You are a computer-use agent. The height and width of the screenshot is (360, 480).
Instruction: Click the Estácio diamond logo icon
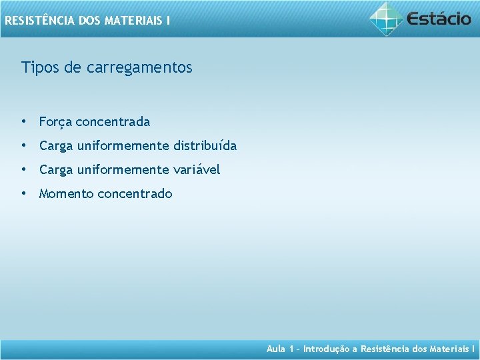(x=386, y=18)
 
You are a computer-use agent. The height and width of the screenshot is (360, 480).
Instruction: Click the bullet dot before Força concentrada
(x=23, y=122)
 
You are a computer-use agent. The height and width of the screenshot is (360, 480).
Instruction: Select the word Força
(x=56, y=122)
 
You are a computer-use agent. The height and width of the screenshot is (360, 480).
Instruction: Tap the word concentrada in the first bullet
(x=113, y=122)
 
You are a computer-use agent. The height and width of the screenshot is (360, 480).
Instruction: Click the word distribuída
(x=205, y=145)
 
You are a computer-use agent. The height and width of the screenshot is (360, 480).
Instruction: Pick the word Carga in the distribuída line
(x=56, y=146)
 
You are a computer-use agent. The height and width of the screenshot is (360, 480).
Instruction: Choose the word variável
(x=197, y=170)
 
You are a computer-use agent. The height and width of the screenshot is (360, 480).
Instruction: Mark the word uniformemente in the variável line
(x=123, y=170)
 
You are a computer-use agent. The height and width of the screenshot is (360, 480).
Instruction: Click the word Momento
(x=66, y=194)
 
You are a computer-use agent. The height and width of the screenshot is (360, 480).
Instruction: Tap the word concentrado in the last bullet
(x=135, y=194)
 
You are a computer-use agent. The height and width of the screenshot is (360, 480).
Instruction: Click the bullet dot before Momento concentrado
(x=23, y=194)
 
